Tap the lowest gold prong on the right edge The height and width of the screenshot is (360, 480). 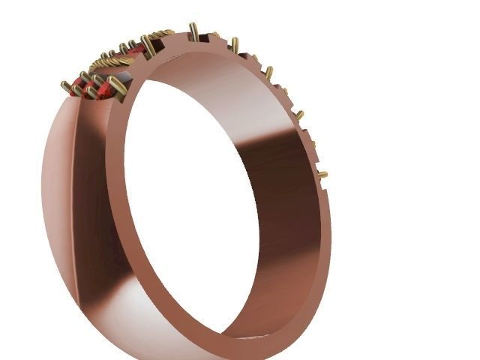pyautogui.click(x=322, y=175)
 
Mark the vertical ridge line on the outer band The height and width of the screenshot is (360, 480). pyautogui.click(x=73, y=187)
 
